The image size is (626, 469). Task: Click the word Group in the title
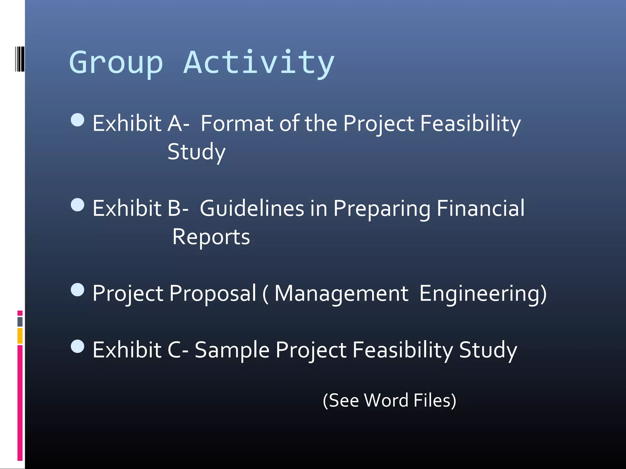[116, 63]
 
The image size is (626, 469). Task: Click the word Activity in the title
[259, 63]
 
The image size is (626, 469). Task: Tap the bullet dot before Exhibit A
[77, 120]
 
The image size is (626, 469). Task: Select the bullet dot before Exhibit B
[77, 205]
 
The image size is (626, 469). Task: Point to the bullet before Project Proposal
[77, 290]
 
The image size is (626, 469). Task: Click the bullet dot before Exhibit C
[77, 346]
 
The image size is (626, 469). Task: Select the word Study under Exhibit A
[196, 152]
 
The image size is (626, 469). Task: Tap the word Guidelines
[252, 208]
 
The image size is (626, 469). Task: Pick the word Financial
[480, 208]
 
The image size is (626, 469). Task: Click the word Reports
[211, 237]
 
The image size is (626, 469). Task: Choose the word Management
[341, 293]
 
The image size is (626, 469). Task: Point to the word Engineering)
[483, 293]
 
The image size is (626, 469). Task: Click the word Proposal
[212, 293]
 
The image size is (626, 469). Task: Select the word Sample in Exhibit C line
[232, 350]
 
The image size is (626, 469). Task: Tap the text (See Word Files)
[389, 400]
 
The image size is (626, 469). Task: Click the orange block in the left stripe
[20, 336]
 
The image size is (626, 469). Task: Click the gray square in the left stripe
[20, 322]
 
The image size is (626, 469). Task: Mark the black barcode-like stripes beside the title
[20, 59]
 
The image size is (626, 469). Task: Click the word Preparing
[381, 208]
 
